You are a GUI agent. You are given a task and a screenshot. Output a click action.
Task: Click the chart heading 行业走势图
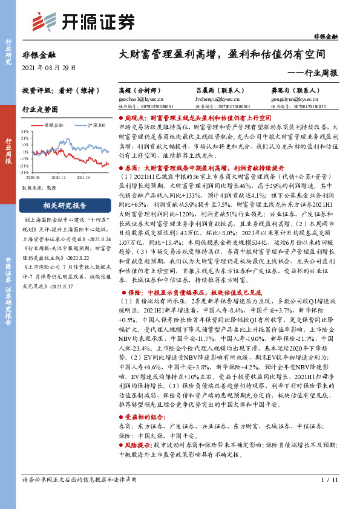40,110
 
